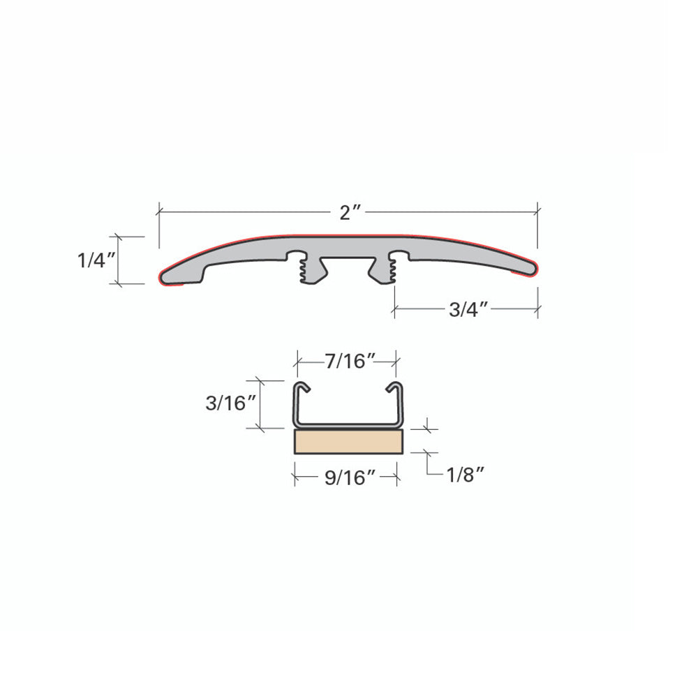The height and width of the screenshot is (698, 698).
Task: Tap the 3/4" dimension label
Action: click(x=469, y=309)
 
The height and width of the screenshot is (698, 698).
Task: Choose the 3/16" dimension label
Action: click(x=230, y=403)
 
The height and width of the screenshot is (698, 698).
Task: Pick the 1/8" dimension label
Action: click(x=465, y=475)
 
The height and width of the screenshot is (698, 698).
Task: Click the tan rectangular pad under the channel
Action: click(x=348, y=442)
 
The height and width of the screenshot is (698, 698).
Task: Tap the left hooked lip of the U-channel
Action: click(x=302, y=387)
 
